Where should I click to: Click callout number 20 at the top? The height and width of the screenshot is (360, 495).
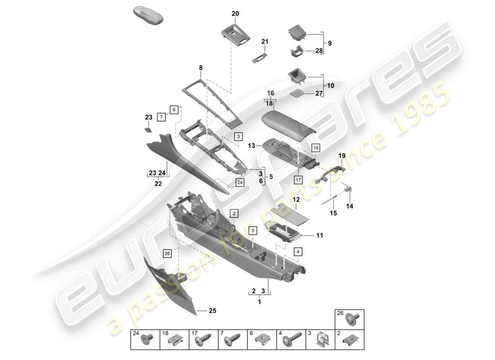pyautogui.click(x=235, y=14)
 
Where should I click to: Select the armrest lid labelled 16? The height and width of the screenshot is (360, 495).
pyautogui.click(x=288, y=123)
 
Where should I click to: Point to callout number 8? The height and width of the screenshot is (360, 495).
pyautogui.click(x=201, y=68)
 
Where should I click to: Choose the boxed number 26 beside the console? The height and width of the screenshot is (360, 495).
pyautogui.click(x=167, y=254)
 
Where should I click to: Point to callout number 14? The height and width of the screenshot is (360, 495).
pyautogui.click(x=350, y=206)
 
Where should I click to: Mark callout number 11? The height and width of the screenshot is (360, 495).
pyautogui.click(x=320, y=235)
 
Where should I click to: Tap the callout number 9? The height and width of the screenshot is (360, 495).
pyautogui.click(x=330, y=43)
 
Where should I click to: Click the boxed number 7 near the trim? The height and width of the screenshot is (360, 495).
pyautogui.click(x=161, y=117)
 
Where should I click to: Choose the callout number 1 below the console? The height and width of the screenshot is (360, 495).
pyautogui.click(x=259, y=302)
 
